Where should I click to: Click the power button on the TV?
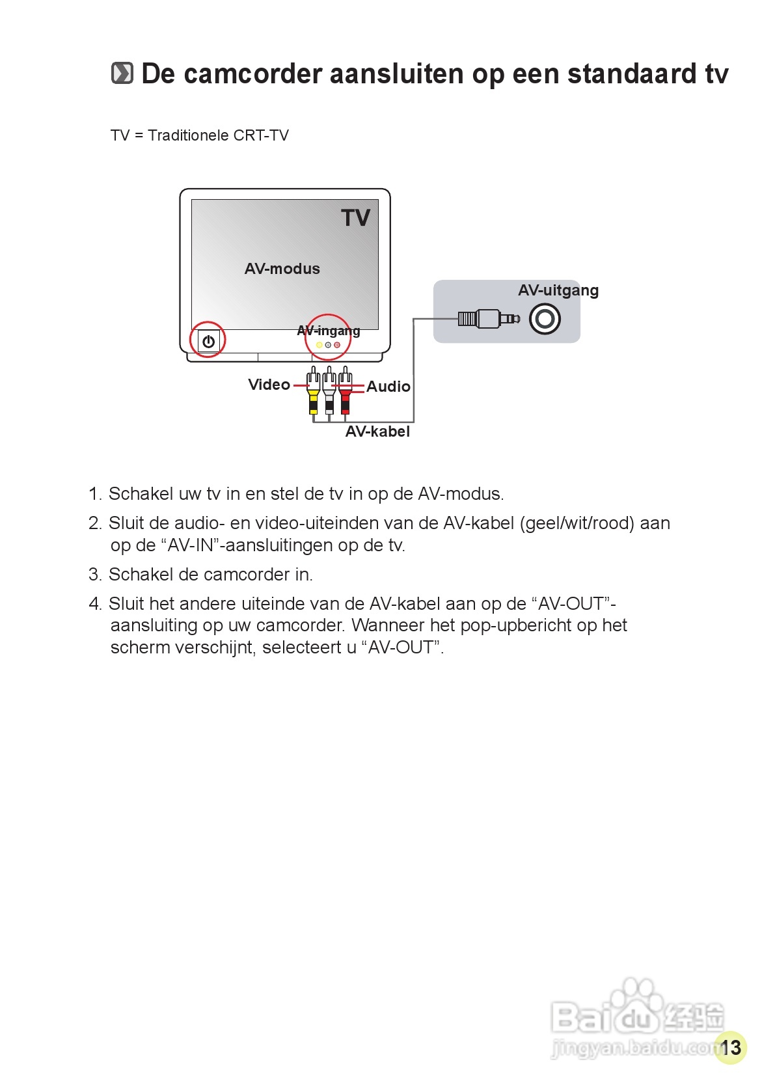[208, 341]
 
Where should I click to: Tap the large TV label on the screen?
[355, 218]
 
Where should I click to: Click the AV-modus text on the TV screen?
[282, 269]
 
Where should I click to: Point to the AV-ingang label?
[329, 331]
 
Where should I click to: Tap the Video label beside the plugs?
[269, 385]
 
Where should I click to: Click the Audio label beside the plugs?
[388, 387]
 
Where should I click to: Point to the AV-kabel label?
[377, 431]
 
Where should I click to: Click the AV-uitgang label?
[558, 290]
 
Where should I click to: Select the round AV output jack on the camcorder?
[545, 319]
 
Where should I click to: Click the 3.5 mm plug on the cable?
[489, 318]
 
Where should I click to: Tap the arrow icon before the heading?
[122, 73]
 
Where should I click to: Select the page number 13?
[731, 1047]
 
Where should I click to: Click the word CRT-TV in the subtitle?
[261, 135]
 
